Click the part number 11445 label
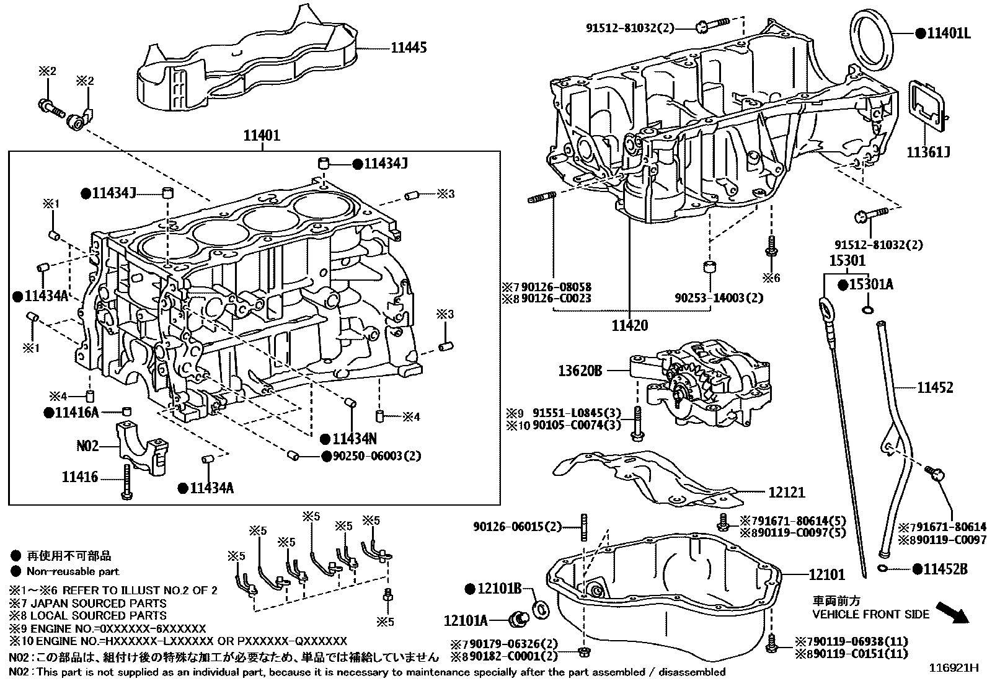(x=408, y=48)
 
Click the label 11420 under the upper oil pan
(x=629, y=325)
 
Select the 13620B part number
(x=580, y=371)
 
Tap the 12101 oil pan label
(x=826, y=574)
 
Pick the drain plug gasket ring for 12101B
(x=540, y=609)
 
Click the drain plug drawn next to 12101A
(x=517, y=617)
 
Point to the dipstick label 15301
(x=848, y=261)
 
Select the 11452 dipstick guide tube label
(x=935, y=388)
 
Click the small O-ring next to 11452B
(x=882, y=568)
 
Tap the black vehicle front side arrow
(x=952, y=612)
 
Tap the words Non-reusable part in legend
(x=73, y=571)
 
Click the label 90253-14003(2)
(x=719, y=298)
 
